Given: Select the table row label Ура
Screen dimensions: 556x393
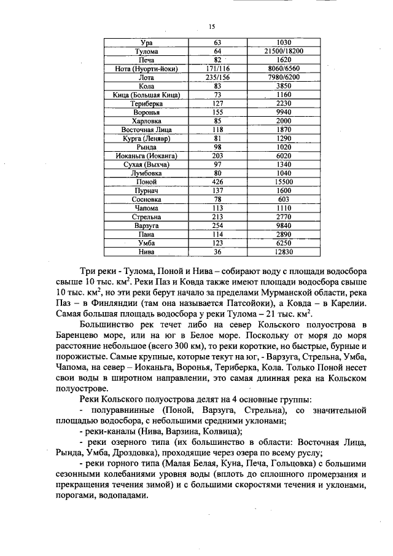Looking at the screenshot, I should tap(147, 42).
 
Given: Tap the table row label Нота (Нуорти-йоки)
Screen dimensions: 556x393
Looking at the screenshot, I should tap(147, 69).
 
